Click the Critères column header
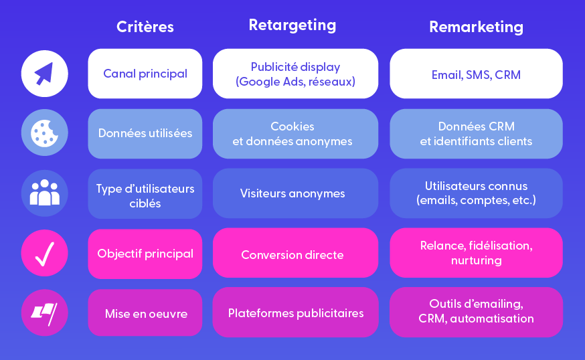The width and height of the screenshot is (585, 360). (x=145, y=27)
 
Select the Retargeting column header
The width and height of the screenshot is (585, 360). (x=292, y=25)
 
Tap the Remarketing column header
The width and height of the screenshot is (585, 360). (x=476, y=27)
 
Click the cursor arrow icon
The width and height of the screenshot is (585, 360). (x=44, y=74)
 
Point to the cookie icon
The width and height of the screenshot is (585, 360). (x=44, y=132)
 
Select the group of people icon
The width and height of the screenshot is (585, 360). (x=44, y=193)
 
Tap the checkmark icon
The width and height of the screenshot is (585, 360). (x=44, y=253)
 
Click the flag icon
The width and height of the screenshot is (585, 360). (x=44, y=312)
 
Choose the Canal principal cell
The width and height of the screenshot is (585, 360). (x=145, y=74)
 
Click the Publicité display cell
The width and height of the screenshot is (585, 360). (x=295, y=74)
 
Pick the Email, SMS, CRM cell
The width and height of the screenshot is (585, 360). (x=476, y=74)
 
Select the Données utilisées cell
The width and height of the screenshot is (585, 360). (x=145, y=134)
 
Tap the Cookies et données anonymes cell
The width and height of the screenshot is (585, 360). (x=295, y=134)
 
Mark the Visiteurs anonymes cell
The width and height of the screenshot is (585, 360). (x=295, y=193)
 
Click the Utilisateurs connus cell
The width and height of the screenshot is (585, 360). (x=476, y=193)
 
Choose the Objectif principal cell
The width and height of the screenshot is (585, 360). (x=145, y=254)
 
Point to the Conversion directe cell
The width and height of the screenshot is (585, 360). (x=295, y=252)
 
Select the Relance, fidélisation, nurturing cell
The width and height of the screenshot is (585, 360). (x=476, y=252)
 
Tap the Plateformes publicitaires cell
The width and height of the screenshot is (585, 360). (x=295, y=312)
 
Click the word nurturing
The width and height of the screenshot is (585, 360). (x=476, y=260)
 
